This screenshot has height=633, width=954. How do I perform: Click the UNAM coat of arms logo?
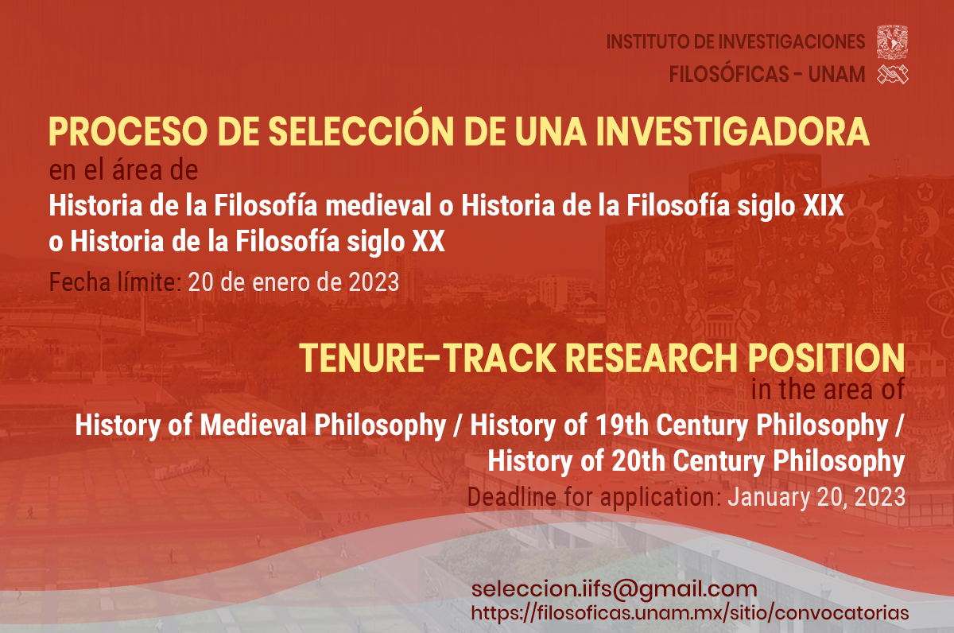tap(892, 41)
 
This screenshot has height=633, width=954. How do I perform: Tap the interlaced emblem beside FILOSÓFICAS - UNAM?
tap(893, 75)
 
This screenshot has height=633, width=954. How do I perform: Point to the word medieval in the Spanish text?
tap(378, 205)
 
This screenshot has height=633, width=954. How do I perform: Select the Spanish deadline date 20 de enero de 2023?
tap(293, 282)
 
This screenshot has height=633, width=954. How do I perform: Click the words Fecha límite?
tap(115, 282)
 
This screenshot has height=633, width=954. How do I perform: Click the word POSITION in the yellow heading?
tap(826, 358)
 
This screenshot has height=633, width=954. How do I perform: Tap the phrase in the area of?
tap(828, 390)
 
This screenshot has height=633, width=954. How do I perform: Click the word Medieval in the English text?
tap(253, 425)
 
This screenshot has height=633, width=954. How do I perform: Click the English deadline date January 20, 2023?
tap(816, 498)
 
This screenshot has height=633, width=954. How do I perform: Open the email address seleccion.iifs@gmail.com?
tap(614, 589)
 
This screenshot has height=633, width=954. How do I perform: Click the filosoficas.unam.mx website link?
tap(690, 613)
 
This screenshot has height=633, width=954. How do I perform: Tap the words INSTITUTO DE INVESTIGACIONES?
tap(735, 42)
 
